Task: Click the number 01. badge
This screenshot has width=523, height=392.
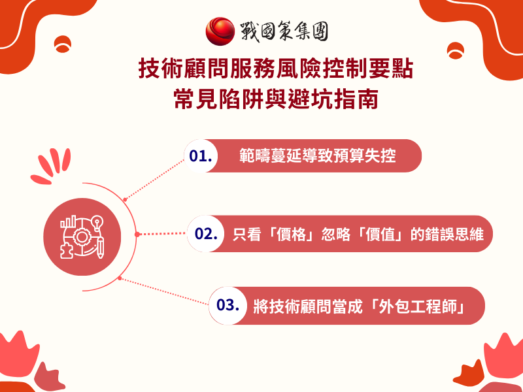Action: (201, 157)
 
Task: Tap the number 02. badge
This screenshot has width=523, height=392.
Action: (205, 234)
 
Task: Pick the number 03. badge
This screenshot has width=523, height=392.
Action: (226, 306)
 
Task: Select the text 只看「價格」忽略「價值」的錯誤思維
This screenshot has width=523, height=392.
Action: (358, 234)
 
